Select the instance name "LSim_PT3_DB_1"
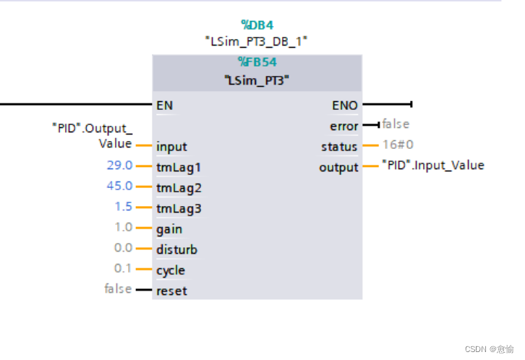tap(257, 42)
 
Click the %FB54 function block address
tap(257, 62)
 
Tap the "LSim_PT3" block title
tap(257, 80)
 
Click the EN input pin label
tap(165, 105)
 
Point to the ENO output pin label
tap(345, 105)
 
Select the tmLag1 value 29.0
tap(119, 166)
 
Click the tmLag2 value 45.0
tap(119, 186)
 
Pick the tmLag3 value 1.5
tap(123, 207)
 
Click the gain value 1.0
tap(123, 227)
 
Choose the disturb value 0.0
tap(123, 248)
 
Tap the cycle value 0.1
tap(123, 268)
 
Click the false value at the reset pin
tap(118, 289)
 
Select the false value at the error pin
tap(396, 124)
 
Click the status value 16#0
tap(398, 145)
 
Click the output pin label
tap(338, 168)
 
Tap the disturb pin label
tap(176, 250)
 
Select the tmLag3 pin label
tap(179, 209)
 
